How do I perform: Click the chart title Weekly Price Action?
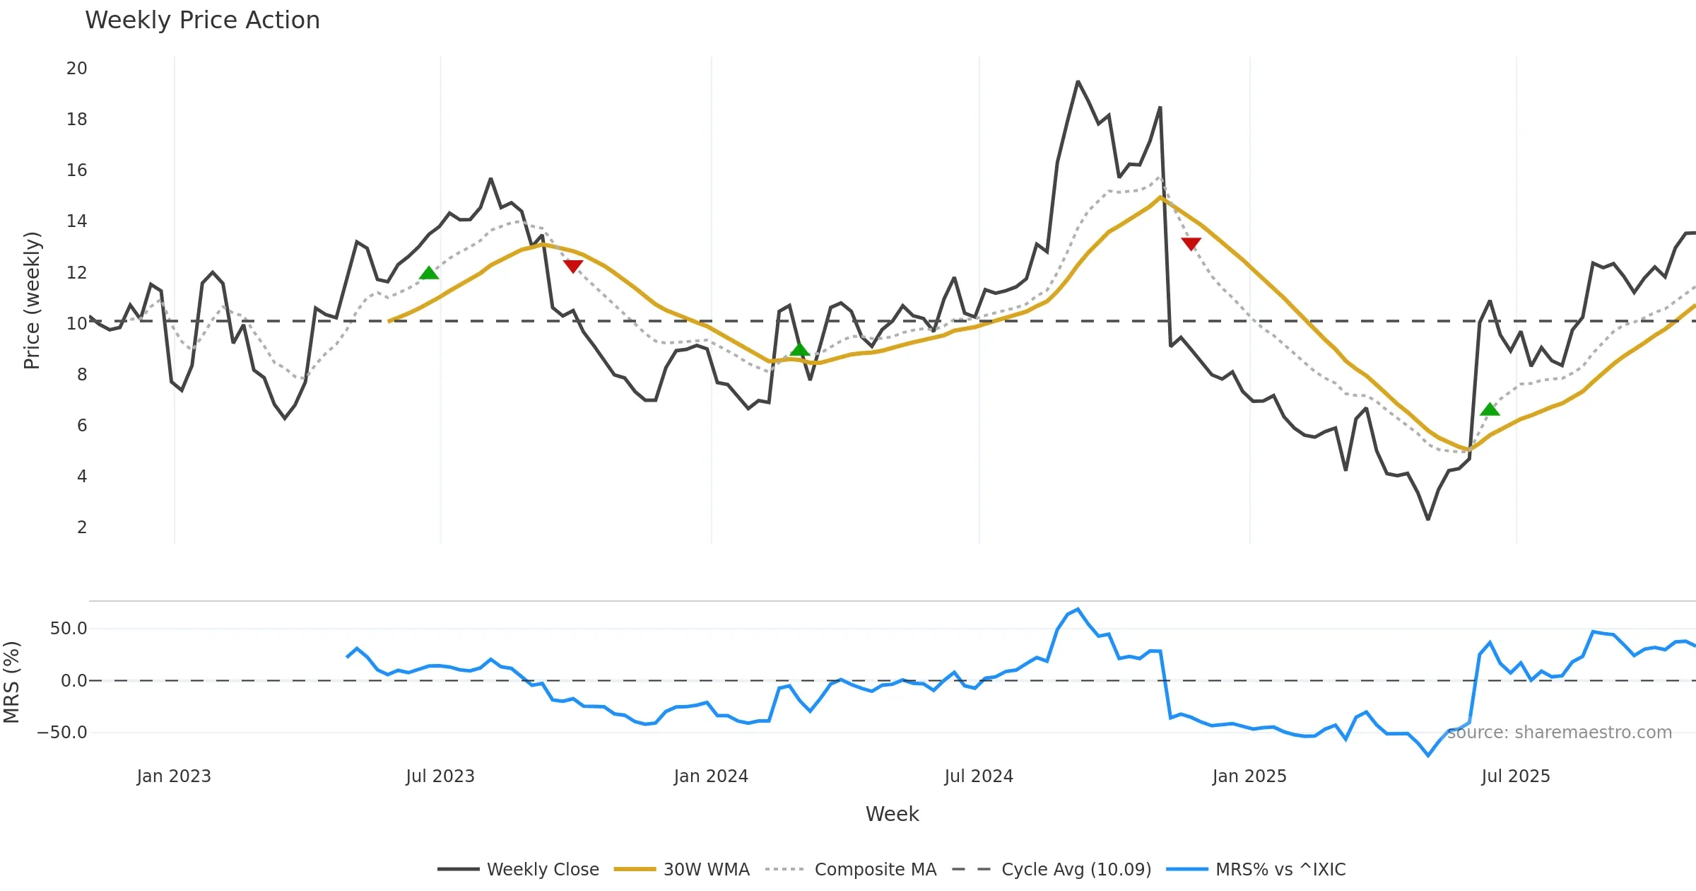click(x=202, y=21)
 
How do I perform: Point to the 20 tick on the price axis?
click(x=77, y=69)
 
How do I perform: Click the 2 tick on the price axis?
click(x=82, y=527)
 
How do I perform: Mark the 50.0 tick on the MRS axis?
click(x=69, y=629)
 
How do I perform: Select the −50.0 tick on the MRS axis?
click(x=63, y=733)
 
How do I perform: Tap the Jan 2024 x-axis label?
click(x=711, y=776)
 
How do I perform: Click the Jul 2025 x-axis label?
click(x=1516, y=776)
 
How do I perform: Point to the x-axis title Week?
click(x=892, y=814)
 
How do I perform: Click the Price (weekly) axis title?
click(x=32, y=301)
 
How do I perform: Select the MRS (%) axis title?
click(x=11, y=682)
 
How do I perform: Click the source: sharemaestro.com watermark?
click(x=1559, y=733)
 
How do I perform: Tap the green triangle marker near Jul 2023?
click(x=429, y=274)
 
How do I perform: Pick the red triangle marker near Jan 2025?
click(x=1191, y=244)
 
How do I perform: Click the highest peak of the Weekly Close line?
click(x=1078, y=82)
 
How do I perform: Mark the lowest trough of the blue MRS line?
click(x=1428, y=755)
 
